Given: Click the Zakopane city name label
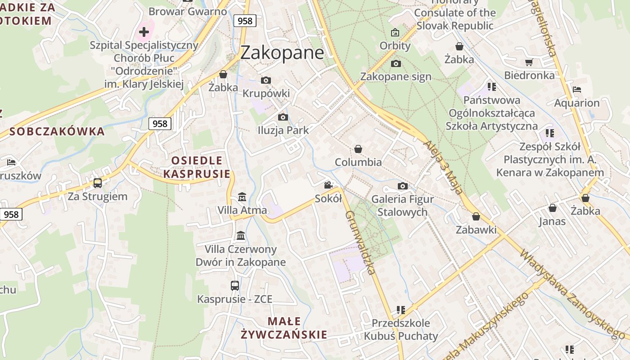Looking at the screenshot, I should coord(282,53).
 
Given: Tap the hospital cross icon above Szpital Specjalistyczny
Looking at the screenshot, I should coord(144,32).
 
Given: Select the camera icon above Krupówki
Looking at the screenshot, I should coord(266,81).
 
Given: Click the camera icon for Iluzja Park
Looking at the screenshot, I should coord(283,117).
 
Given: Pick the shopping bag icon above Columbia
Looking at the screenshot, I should coord(358,149).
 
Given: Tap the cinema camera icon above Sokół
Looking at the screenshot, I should coord(328,185).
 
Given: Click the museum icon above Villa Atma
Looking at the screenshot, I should coord(242,197).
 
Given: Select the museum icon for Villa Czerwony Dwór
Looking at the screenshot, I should coord(241,236).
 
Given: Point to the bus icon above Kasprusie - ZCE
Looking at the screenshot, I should coord(234,285).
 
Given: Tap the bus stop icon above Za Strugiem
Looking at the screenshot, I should coord(98,183).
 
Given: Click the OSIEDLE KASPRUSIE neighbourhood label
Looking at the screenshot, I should coord(197,167).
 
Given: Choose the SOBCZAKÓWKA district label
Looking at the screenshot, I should coord(57,131).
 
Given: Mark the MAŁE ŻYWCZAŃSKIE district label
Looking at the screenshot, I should coord(284,328).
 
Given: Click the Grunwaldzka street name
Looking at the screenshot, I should coord(360,242).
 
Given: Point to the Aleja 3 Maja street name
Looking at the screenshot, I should coord(443,167).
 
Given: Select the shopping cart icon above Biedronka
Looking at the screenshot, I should coord(529,63).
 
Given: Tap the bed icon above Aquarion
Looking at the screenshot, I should coord(577,90).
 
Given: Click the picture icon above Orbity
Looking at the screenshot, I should coord(395,32).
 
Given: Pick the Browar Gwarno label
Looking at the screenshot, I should coord(188,11).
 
